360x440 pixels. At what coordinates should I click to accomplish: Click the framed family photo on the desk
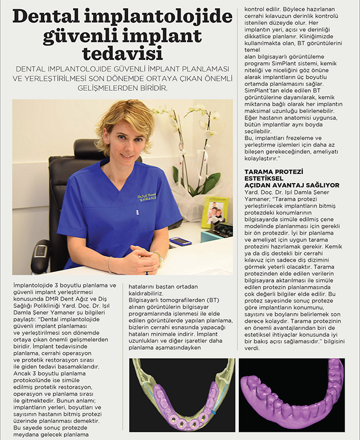[215, 213]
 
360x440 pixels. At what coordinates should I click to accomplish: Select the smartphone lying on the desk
[180, 241]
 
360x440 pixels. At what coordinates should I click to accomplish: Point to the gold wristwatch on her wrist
[159, 258]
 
